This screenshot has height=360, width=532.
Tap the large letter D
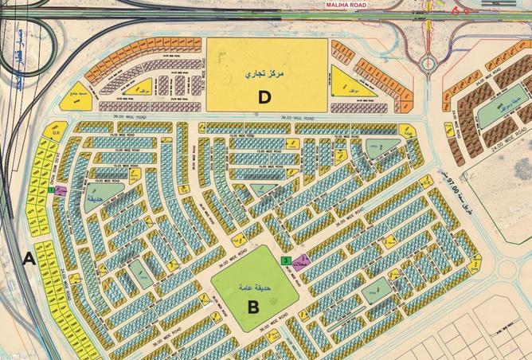(x=265, y=98)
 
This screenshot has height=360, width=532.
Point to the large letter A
(x=29, y=258)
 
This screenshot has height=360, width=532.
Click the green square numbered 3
(x=286, y=260)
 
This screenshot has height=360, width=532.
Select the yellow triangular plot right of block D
(x=346, y=83)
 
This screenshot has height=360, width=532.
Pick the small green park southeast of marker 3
(x=378, y=288)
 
